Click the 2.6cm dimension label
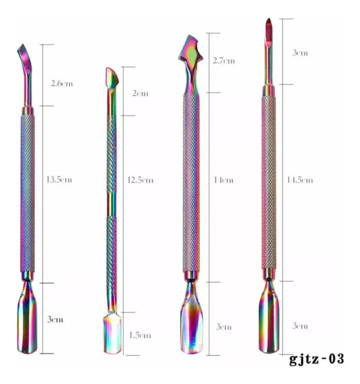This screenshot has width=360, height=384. pyautogui.click(x=61, y=84)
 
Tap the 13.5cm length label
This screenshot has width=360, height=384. pyautogui.click(x=59, y=180)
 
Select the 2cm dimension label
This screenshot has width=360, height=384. pyautogui.click(x=140, y=93)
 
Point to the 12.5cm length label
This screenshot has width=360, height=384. pyautogui.click(x=140, y=181)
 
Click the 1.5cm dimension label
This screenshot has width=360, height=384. pyautogui.click(x=140, y=335)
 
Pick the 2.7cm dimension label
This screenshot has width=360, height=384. pyautogui.click(x=224, y=61)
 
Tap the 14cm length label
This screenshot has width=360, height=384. pyautogui.click(x=224, y=181)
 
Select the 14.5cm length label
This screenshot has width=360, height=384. pyautogui.click(x=300, y=181)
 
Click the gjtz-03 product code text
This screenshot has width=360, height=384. pyautogui.click(x=317, y=359)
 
